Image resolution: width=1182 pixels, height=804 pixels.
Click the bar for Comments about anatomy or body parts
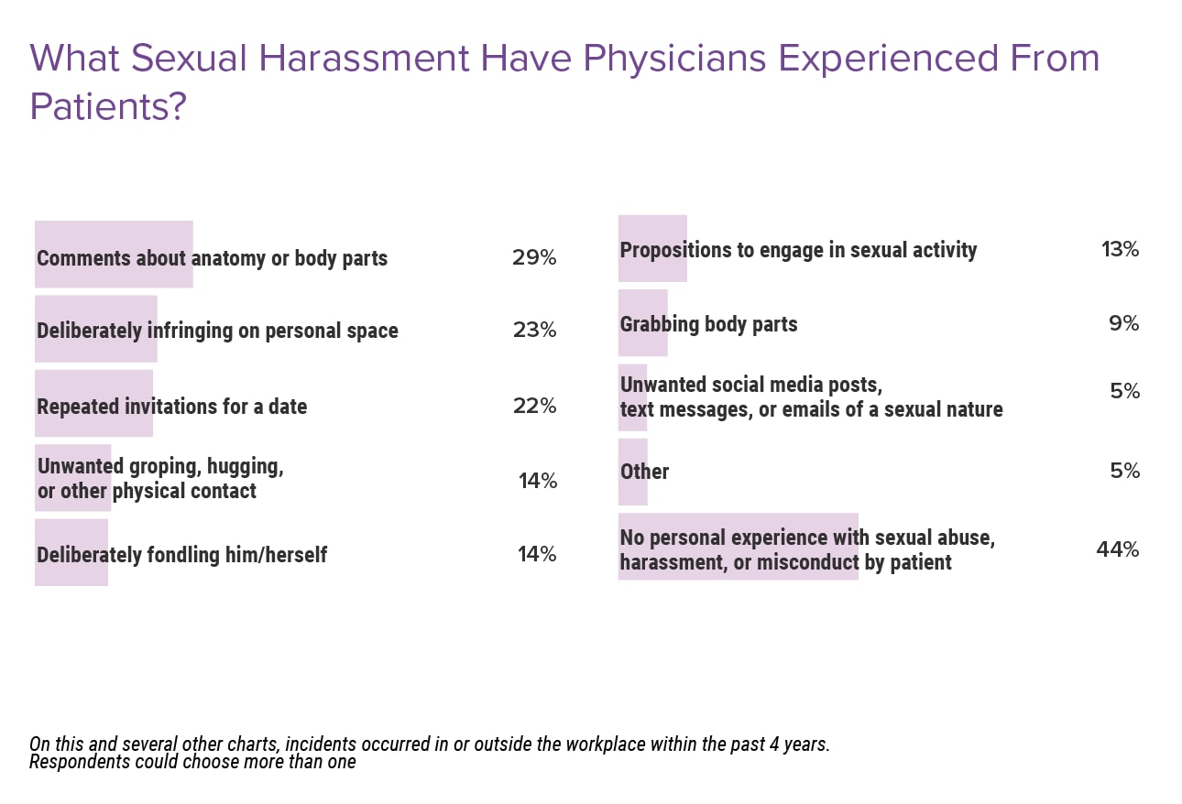point(114,255)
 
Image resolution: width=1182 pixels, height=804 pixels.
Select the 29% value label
point(534,257)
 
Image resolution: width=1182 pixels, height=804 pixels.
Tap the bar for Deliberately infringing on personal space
point(96,329)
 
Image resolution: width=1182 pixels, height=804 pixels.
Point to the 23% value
point(534,330)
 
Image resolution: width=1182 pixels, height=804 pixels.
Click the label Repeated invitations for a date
point(172,406)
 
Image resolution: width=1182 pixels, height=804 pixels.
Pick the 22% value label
point(534,406)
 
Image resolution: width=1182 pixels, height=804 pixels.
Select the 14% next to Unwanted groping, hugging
point(537,480)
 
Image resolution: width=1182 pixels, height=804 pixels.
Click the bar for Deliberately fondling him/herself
point(71,552)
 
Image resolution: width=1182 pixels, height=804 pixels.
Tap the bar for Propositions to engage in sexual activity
point(652,248)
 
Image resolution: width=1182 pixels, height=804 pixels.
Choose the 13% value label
point(1120,249)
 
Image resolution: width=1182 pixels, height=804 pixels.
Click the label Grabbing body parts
point(708,324)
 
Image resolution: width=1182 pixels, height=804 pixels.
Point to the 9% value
point(1123,323)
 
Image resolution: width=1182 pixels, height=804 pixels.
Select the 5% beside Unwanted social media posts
point(1124,391)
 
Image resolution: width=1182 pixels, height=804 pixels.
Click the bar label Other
point(644,472)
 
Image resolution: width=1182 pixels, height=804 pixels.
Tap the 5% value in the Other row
point(1124,471)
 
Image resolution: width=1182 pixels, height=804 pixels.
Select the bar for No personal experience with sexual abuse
point(738,547)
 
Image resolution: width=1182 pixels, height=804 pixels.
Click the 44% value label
point(1117,549)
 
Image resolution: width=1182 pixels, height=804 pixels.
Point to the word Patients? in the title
point(108,107)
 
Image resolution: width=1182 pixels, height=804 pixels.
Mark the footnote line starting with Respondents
point(192,762)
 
